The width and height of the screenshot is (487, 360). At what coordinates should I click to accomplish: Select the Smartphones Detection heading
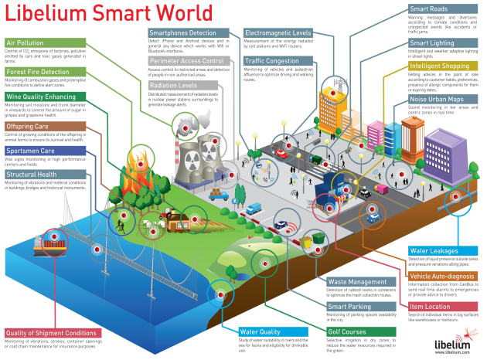tap(182, 33)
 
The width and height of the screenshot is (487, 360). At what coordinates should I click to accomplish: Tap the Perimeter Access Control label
tap(186, 60)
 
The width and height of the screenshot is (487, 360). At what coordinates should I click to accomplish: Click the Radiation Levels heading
tap(174, 85)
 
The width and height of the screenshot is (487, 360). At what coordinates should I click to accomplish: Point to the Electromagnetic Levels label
tap(278, 33)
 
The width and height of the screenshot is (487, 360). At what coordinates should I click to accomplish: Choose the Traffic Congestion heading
tap(273, 59)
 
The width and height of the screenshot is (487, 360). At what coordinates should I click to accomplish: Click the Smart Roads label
tap(432, 8)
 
